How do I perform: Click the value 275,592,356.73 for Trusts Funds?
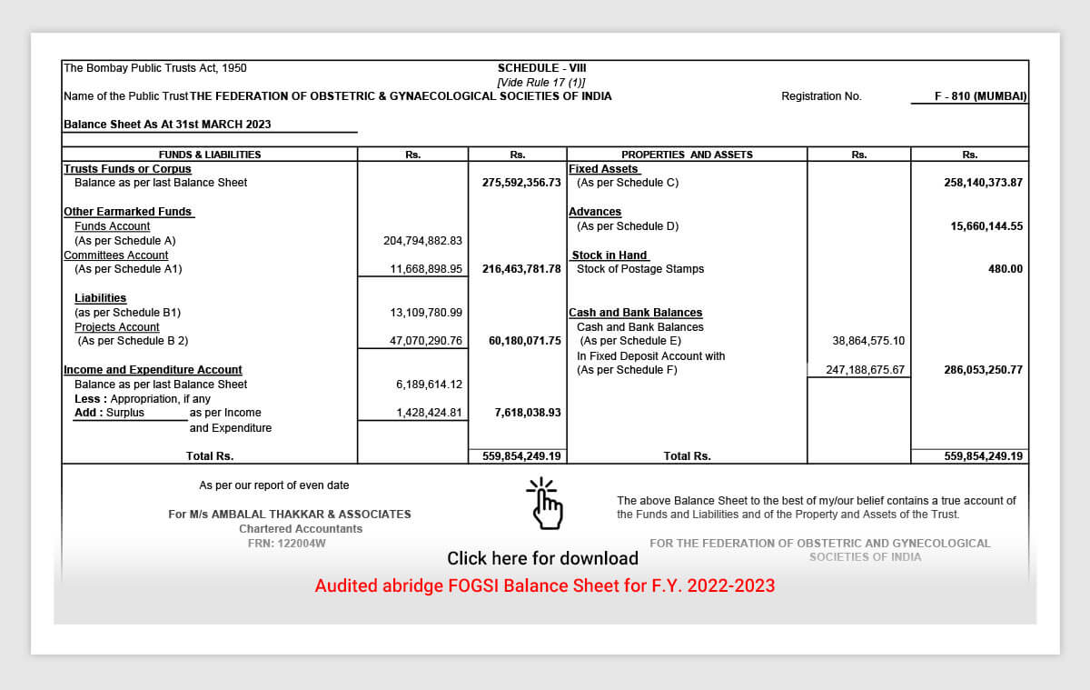(x=521, y=183)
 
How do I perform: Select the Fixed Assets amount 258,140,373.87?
(x=984, y=183)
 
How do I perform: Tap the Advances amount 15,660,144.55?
(x=986, y=226)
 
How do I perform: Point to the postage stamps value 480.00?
(x=1006, y=269)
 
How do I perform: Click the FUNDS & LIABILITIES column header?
(x=210, y=155)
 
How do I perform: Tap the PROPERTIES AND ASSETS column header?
(x=687, y=155)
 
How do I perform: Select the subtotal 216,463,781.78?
(x=521, y=269)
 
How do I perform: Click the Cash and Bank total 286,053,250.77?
(x=984, y=370)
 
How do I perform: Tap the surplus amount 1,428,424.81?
(x=429, y=413)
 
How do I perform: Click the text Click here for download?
(x=542, y=558)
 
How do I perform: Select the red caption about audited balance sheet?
(x=545, y=586)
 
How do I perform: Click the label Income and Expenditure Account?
(x=153, y=370)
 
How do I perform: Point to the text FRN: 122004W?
(x=287, y=544)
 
